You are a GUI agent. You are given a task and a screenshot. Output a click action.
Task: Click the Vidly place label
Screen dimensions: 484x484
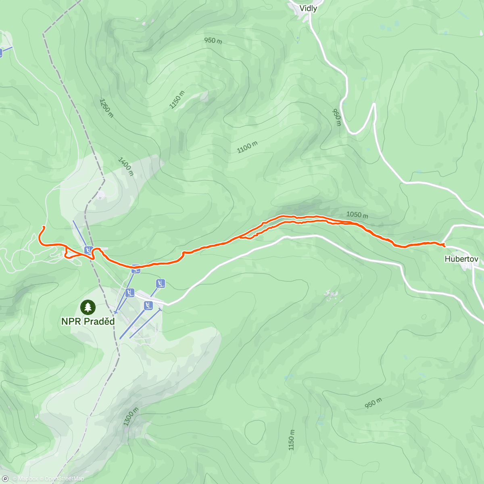pyautogui.click(x=308, y=8)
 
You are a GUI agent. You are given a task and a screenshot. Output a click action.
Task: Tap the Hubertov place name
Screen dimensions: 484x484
pyautogui.click(x=461, y=259)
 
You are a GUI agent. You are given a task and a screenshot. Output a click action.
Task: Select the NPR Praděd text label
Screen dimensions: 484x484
pyautogui.click(x=88, y=321)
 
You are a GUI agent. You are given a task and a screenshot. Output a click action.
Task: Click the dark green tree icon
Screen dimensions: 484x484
pyautogui.click(x=88, y=307)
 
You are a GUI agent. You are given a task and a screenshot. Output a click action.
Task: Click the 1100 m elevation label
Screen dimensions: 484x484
pyautogui.click(x=247, y=147)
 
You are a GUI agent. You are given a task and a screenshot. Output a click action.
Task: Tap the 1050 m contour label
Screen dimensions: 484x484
pyautogui.click(x=357, y=215)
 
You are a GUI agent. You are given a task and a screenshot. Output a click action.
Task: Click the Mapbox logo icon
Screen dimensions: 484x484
pyautogui.click(x=5, y=479)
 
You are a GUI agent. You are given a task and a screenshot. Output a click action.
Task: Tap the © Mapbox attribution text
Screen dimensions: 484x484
pyautogui.click(x=25, y=479)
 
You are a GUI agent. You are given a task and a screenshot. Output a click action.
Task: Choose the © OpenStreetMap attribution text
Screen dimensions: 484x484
pyautogui.click(x=62, y=479)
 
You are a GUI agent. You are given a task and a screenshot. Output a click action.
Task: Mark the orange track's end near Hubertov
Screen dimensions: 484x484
pyautogui.click(x=443, y=245)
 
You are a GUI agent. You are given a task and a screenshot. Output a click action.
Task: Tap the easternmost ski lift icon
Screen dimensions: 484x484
pyautogui.click(x=161, y=283)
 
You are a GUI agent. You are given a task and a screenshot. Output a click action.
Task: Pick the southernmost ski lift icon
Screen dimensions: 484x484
pyautogui.click(x=148, y=305)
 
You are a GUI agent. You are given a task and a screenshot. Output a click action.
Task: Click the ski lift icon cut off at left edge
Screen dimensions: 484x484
pyautogui.click(x=1, y=52)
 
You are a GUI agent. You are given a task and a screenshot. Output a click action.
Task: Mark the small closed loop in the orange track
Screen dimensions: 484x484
pyautogui.click(x=72, y=254)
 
